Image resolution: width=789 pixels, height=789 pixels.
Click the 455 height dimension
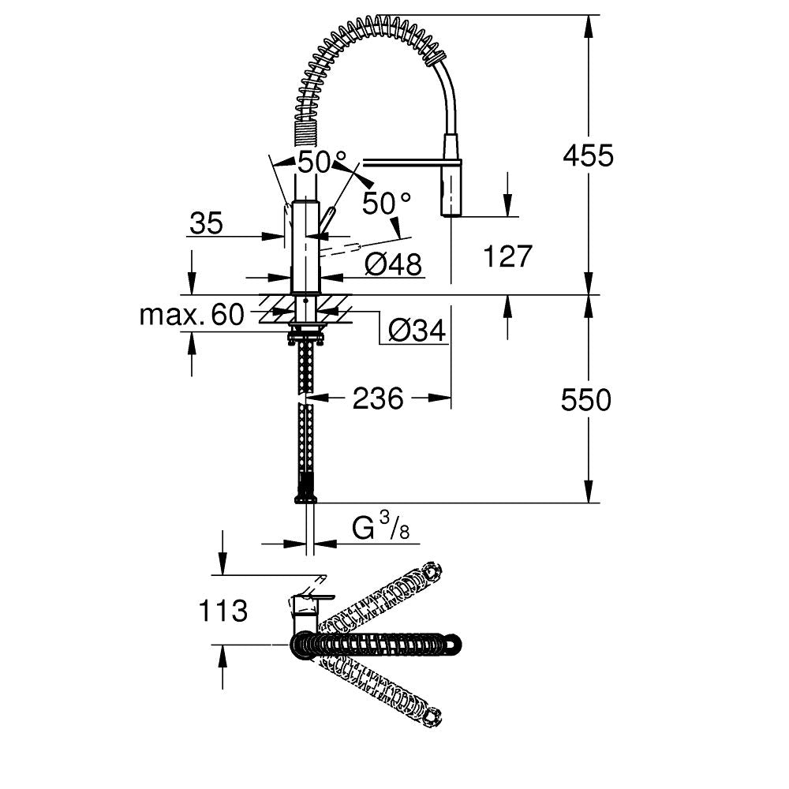tap(587, 155)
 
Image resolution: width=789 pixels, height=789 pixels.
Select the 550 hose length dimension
tap(585, 401)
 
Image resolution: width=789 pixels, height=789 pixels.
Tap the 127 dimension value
tap(507, 256)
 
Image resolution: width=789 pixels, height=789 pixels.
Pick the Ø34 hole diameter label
tap(417, 331)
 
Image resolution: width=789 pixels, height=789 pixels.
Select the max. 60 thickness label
tap(192, 316)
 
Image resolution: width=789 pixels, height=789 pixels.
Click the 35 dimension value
tap(206, 224)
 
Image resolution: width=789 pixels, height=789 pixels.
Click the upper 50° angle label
tap(316, 163)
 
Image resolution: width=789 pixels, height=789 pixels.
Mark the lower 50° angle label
tap(387, 204)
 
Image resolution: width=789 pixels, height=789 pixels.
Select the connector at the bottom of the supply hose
tap(305, 497)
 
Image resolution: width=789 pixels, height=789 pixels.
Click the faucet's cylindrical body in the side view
tap(305, 245)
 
